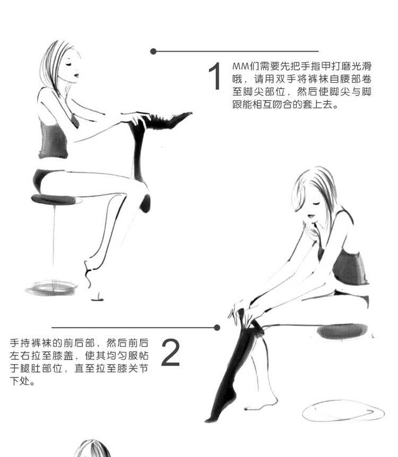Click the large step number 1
pyautogui.click(x=215, y=76)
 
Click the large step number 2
pyautogui.click(x=170, y=352)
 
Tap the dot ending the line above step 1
pyautogui.click(x=153, y=52)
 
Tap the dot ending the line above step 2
pyautogui.click(x=217, y=327)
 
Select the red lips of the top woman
pyautogui.click(x=76, y=75)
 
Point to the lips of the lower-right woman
pyautogui.click(x=312, y=216)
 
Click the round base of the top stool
pyautogui.click(x=52, y=288)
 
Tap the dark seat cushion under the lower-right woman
pyautogui.click(x=342, y=332)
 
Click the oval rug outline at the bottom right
pyautogui.click(x=343, y=411)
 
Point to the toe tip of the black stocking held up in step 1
pyautogui.click(x=190, y=114)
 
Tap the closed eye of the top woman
pyautogui.click(x=69, y=64)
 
